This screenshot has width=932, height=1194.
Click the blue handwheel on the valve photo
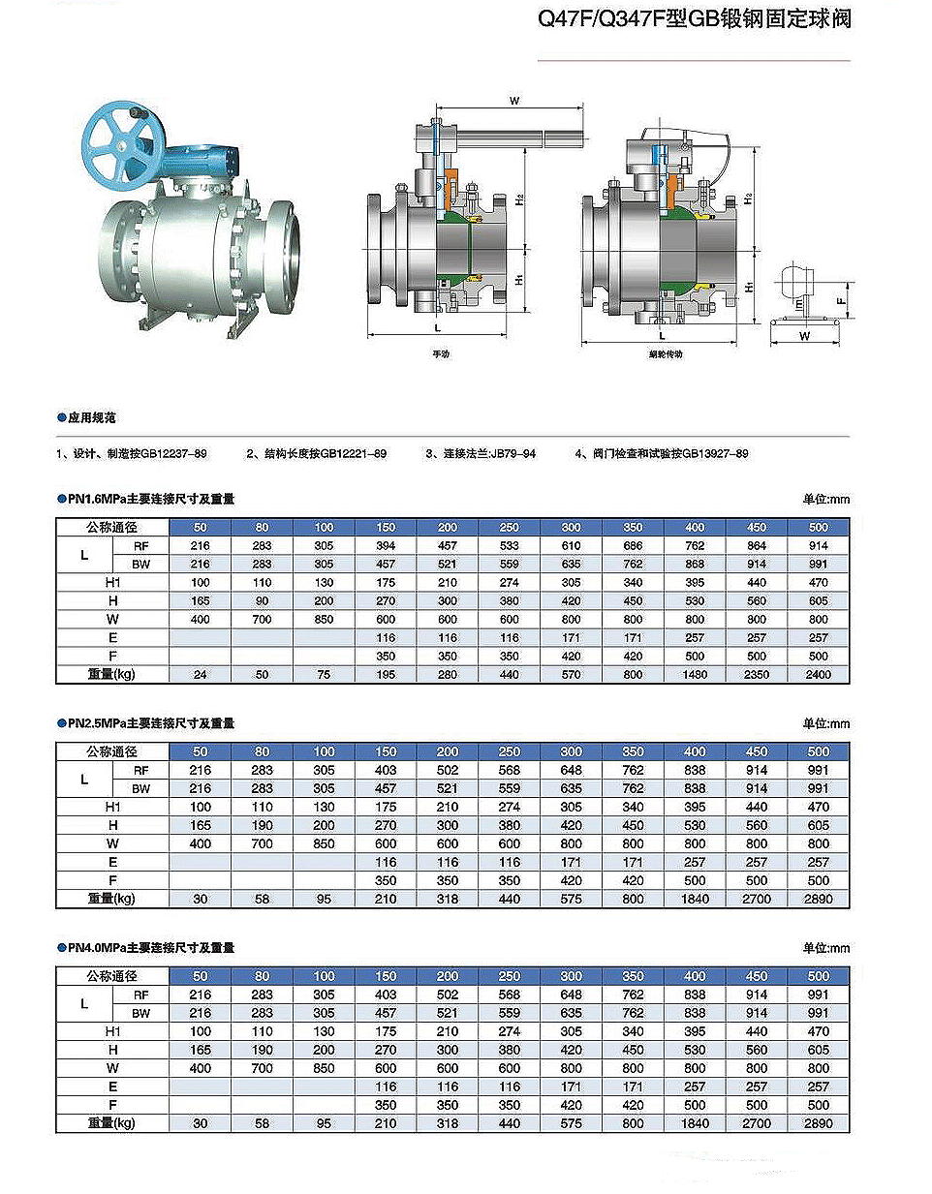coord(122,146)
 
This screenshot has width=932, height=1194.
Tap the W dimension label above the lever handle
coord(514,101)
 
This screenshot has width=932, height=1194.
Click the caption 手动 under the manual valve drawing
coord(441,354)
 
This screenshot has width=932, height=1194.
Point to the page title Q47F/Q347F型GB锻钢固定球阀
coord(695,19)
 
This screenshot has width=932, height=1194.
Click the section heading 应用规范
coord(92,417)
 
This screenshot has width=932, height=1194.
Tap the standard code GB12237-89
coord(173,454)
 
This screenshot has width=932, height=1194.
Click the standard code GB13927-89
coord(715,454)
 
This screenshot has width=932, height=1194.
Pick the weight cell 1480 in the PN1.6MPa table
coord(695,674)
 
